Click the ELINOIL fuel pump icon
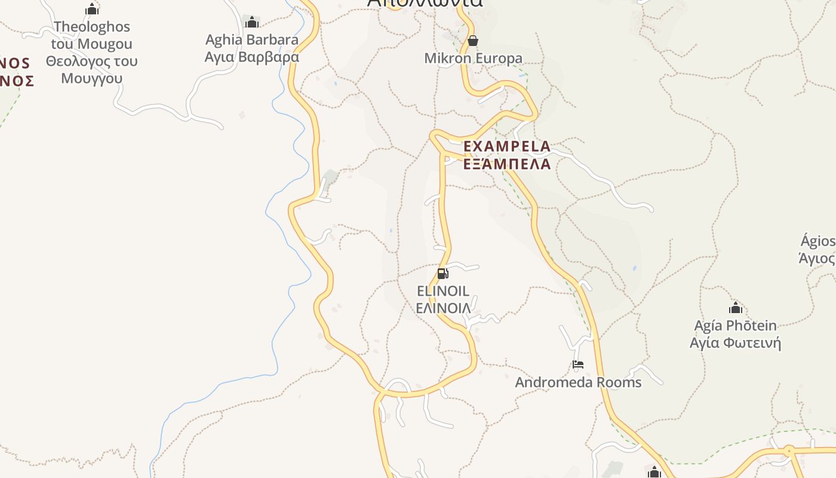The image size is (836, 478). pos(442,274)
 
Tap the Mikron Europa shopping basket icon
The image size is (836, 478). pos(473,41)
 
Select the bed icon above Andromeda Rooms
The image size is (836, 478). pos(577,364)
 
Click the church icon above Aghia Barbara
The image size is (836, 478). pos(252,22)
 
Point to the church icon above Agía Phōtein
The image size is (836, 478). pos(736,308)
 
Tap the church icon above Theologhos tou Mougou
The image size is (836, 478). pos(92,9)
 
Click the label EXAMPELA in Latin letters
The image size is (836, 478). pos(507,146)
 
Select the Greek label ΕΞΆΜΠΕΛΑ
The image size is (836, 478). pos(507,164)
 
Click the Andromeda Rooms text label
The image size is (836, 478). pos(578,382)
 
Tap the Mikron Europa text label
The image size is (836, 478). pos(473,59)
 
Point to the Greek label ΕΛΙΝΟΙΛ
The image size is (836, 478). pos(443,308)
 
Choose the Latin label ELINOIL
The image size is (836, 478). pos(443,292)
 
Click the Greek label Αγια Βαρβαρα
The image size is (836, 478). pos(252,57)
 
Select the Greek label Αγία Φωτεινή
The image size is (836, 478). pos(736,343)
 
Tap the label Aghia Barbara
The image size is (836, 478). pos(252,40)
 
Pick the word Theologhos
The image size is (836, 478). pos(92,27)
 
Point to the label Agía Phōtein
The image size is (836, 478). pos(736,326)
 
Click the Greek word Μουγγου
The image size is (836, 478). pos(92,78)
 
